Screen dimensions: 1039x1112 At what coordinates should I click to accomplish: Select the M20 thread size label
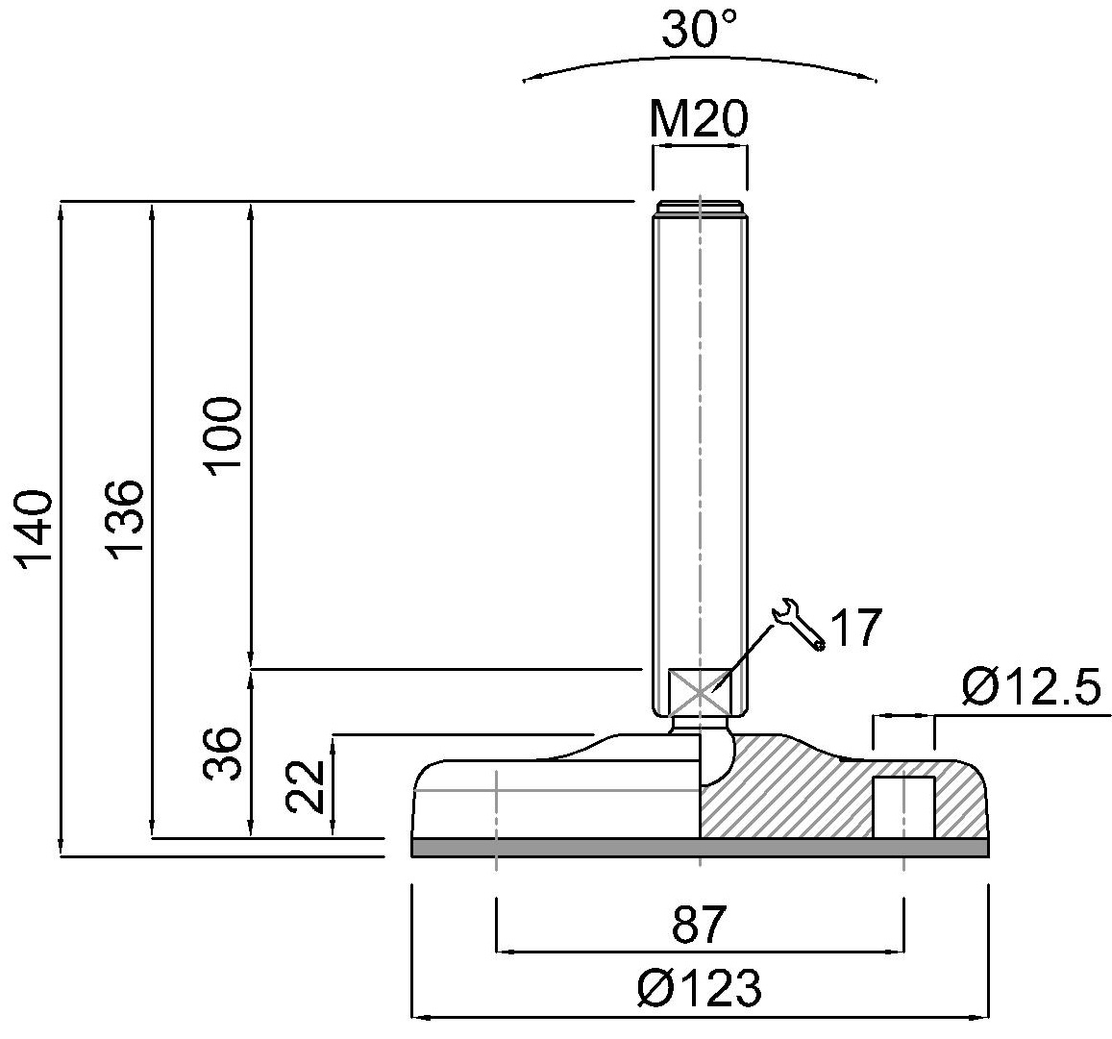click(698, 120)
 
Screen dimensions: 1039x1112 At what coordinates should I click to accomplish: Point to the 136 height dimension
click(125, 517)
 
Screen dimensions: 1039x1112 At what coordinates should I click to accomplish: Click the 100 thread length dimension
click(223, 434)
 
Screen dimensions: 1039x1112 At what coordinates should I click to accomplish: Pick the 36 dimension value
click(223, 753)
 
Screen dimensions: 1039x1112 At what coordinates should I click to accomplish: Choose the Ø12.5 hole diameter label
click(1029, 688)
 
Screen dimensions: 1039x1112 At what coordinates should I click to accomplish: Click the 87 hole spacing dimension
click(699, 925)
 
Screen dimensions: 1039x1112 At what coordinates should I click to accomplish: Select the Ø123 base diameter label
click(699, 988)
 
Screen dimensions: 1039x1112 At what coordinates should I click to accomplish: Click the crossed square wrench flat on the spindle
click(699, 689)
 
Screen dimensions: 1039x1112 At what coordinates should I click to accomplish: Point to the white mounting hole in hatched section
click(902, 806)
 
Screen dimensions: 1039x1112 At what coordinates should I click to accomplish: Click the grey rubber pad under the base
click(699, 847)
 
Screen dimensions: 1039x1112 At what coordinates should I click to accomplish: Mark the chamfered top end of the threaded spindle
click(699, 208)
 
